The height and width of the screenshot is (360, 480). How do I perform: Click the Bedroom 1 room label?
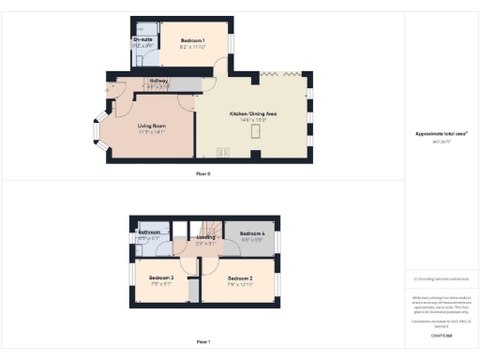[x=192, y=42]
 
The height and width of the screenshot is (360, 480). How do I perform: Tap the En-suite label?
[x=142, y=39]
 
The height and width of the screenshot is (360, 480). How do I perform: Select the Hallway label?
[x=158, y=81]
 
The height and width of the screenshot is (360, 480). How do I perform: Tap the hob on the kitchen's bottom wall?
[x=223, y=152]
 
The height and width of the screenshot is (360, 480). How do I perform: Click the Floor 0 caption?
[x=202, y=174]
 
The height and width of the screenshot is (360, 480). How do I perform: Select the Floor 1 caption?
[x=202, y=342]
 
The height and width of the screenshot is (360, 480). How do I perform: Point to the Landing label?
[x=206, y=238]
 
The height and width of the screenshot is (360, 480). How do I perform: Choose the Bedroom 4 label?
[x=252, y=233]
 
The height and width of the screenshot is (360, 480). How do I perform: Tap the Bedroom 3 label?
[x=161, y=277]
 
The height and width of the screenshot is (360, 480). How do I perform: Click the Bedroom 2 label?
[x=240, y=277]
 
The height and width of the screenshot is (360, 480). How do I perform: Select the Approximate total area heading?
[x=441, y=133]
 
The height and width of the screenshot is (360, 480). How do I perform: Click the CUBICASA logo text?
[x=441, y=335]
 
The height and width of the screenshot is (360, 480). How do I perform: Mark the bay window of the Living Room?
[x=99, y=133]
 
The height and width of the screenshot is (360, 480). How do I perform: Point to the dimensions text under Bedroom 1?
[x=192, y=48]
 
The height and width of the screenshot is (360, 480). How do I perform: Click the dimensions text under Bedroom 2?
[x=240, y=283]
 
